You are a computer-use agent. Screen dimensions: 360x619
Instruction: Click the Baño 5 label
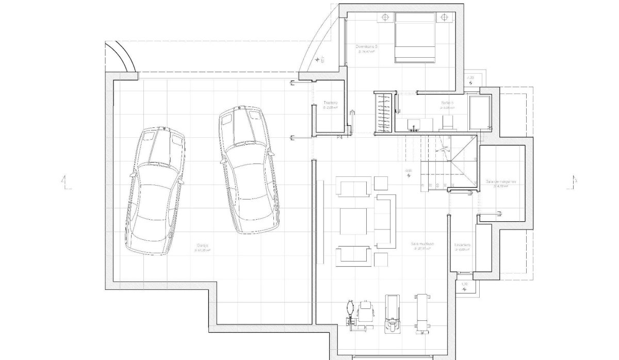pyautogui.click(x=447, y=103)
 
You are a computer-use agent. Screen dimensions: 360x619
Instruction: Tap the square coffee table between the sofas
pyautogui.click(x=353, y=221)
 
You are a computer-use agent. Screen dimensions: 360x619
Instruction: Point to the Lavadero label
pyautogui.click(x=462, y=245)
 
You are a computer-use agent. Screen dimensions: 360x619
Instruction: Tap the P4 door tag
pyautogui.click(x=340, y=138)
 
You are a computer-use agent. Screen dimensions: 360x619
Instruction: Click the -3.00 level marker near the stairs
pyautogui.click(x=409, y=170)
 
